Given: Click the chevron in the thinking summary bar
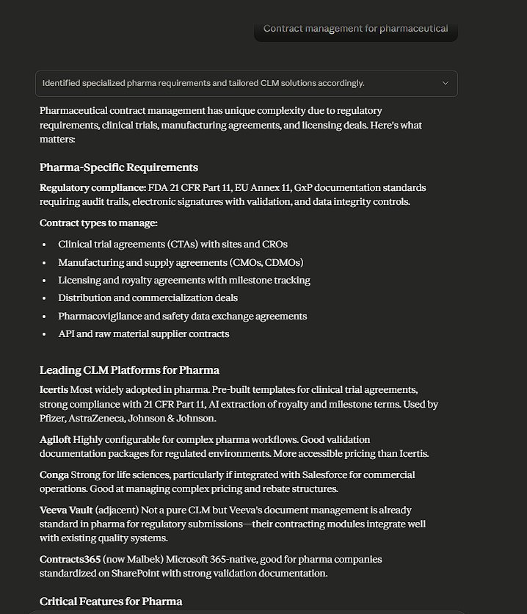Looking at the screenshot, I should tap(445, 83).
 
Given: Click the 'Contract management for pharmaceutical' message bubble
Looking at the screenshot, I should tap(355, 29).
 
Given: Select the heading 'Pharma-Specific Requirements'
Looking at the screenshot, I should tap(119, 167).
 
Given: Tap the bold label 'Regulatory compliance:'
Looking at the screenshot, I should tap(92, 187).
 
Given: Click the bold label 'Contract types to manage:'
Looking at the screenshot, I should tap(98, 223).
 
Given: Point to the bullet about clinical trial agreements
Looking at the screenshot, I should tap(172, 244).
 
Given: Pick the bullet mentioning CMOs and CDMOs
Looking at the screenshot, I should tap(181, 262).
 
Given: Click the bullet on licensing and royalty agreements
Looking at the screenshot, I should tap(184, 280).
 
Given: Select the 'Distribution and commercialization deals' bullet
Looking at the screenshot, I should tap(148, 297).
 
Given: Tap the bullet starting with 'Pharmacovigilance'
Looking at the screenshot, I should tap(182, 316).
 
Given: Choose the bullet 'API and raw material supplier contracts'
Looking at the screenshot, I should tap(144, 333).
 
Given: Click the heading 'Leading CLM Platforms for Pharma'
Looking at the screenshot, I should tap(129, 369).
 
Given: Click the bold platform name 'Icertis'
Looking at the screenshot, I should tap(54, 389).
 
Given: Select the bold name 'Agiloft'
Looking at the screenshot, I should tap(55, 439).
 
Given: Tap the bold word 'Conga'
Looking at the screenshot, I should tap(54, 474).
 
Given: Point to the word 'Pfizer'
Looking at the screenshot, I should tap(54, 418).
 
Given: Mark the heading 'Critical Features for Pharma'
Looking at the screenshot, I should tap(111, 601).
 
